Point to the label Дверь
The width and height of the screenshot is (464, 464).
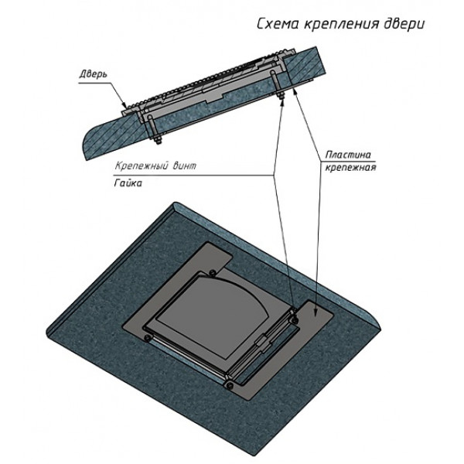click(x=93, y=74)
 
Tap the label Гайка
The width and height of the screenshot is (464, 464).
click(x=128, y=183)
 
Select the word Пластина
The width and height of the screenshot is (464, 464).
click(x=348, y=155)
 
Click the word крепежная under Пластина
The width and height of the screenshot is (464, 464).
click(x=350, y=168)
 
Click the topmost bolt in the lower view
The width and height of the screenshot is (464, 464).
click(x=212, y=272)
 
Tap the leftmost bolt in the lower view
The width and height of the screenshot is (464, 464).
click(x=146, y=338)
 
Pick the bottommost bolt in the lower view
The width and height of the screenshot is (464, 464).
click(x=229, y=385)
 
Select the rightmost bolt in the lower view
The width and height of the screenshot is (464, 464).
click(x=295, y=319)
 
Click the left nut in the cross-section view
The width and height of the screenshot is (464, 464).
click(x=157, y=139)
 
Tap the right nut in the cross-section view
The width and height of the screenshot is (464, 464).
click(x=280, y=95)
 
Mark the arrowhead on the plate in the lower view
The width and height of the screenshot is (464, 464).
click(x=316, y=313)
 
